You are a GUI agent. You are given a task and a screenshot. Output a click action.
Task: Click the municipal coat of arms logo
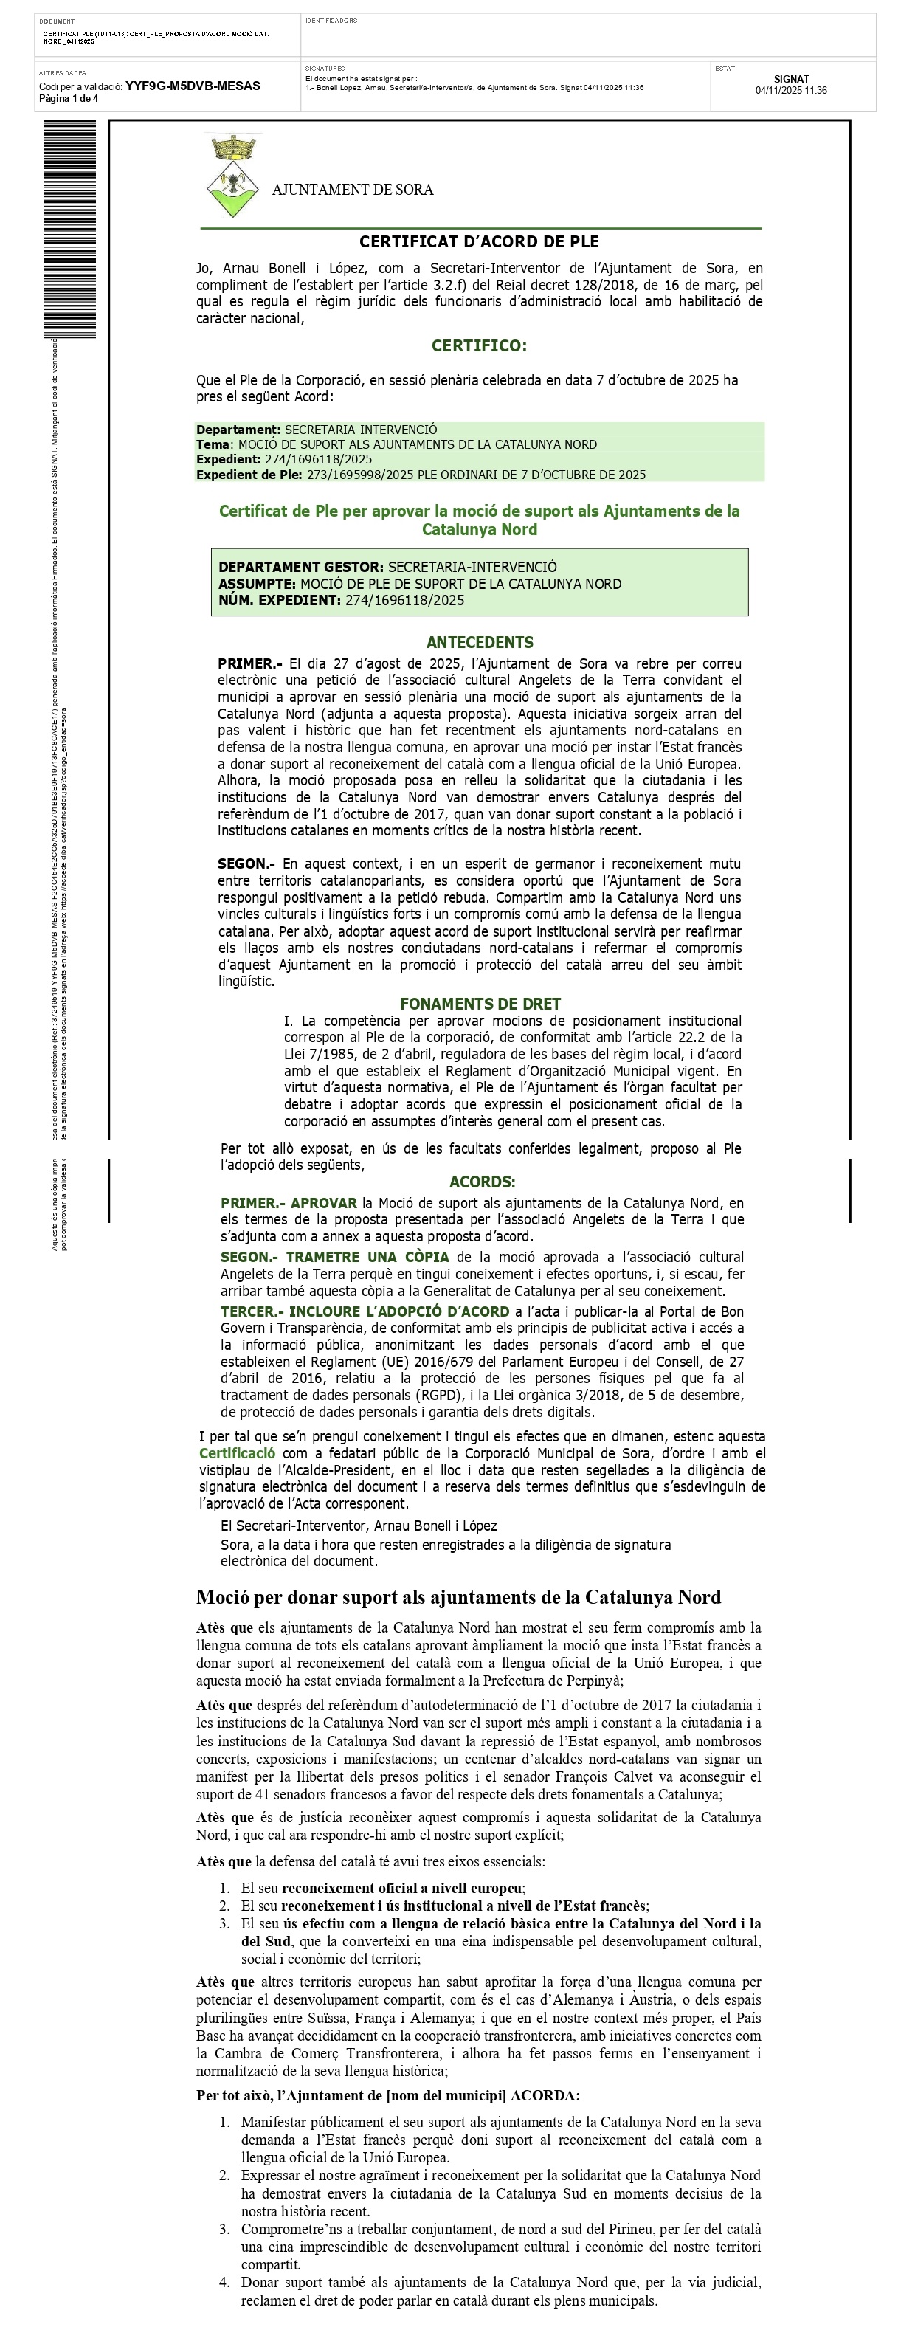pyautogui.click(x=233, y=176)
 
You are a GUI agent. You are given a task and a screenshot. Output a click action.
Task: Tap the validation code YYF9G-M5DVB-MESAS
pyautogui.click(x=192, y=86)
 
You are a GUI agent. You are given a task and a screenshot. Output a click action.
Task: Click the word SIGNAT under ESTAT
pyautogui.click(x=790, y=79)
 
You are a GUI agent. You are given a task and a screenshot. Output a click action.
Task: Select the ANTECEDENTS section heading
pyautogui.click(x=480, y=642)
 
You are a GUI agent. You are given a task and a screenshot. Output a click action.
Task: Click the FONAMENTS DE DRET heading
pyautogui.click(x=480, y=1004)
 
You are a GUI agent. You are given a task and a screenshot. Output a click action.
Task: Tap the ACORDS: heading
pyautogui.click(x=482, y=1182)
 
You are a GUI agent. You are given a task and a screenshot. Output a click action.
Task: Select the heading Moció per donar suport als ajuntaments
pyautogui.click(x=458, y=1597)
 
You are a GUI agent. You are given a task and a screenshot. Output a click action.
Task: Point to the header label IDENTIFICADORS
pyautogui.click(x=331, y=21)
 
